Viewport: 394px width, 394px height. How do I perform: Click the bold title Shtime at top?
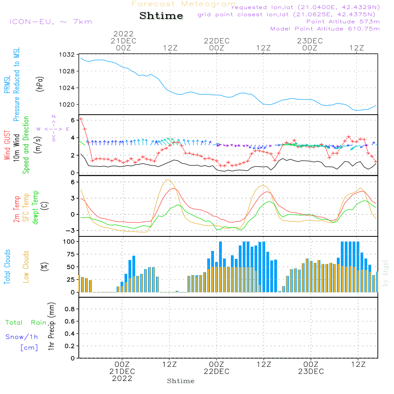tap(161, 16)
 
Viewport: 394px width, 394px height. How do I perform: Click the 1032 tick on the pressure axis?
tap(68, 55)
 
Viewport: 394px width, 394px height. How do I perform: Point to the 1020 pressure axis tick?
tap(68, 105)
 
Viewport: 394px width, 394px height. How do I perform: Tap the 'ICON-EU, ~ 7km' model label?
tap(50, 22)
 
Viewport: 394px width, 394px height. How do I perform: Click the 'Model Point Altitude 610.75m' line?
tap(325, 29)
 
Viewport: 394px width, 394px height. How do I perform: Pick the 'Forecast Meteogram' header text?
tap(184, 4)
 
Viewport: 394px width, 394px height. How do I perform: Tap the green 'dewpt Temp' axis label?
tap(36, 207)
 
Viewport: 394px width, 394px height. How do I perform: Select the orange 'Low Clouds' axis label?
tap(26, 266)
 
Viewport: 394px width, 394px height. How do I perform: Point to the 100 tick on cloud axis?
tap(69, 241)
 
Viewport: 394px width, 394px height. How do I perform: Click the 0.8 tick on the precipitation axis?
tap(70, 309)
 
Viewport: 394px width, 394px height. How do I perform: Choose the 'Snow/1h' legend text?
tap(22, 337)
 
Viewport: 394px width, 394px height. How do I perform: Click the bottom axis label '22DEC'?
tap(216, 372)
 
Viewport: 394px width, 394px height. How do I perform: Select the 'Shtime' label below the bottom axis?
tap(181, 381)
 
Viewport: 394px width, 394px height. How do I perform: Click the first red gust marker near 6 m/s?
tap(81, 119)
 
